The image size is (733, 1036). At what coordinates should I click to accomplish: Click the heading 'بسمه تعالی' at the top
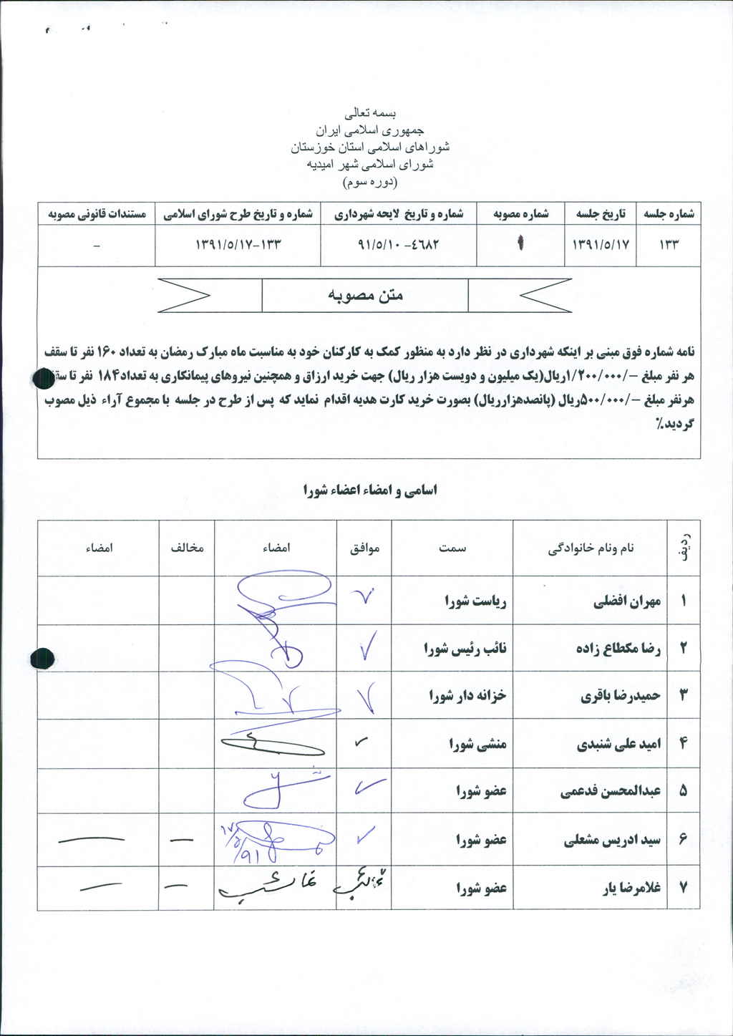pos(370,113)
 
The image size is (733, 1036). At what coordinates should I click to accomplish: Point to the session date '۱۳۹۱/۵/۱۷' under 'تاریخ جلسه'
pos(601,244)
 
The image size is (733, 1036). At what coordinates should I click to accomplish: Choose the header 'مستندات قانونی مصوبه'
pos(97,214)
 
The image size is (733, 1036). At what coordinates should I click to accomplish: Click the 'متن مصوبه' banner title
pos(365,295)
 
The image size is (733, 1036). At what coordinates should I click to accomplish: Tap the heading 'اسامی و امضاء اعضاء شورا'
pos(370,490)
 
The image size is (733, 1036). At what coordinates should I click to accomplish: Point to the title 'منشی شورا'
pos(477,744)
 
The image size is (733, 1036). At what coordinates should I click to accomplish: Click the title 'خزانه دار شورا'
pos(467,695)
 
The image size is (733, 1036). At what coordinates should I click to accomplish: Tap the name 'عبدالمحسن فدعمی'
pos(611,791)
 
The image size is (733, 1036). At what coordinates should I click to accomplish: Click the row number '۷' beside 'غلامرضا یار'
pos(683,888)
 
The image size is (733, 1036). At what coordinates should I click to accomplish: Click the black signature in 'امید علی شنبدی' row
pos(272,745)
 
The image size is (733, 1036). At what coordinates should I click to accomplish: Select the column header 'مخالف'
pos(187,548)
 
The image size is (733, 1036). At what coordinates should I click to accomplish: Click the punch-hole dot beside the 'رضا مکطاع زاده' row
pos(44,657)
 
